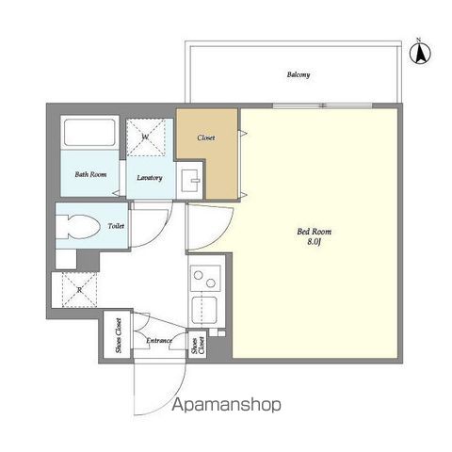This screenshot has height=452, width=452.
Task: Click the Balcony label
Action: coord(299,74)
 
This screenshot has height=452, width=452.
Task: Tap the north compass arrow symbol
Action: coord(420,53)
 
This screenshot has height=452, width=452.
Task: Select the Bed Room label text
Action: coord(314,232)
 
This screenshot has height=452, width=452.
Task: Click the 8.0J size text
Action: coord(314,242)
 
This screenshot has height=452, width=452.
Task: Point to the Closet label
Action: coord(206,137)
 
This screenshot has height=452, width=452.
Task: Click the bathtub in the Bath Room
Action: coord(89,133)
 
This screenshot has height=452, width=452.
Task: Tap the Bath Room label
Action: coord(90,174)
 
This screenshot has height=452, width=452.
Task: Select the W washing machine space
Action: coord(146,137)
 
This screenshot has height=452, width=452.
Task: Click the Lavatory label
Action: coord(150,178)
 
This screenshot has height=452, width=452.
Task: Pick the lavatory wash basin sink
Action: coord(190,181)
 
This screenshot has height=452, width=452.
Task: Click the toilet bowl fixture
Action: coord(78,226)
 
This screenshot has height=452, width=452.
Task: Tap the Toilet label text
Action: coord(116,226)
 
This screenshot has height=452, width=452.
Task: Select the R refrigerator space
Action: coord(79,290)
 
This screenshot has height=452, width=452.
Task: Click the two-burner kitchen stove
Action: coord(205,278)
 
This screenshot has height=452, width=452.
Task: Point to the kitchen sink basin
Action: coord(204,310)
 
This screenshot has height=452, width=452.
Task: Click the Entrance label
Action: coord(159,341)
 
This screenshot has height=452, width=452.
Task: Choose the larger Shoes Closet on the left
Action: coord(117,334)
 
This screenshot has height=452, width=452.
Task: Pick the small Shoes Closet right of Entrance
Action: coord(198,345)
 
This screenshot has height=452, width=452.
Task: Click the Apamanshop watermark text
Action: coord(226,405)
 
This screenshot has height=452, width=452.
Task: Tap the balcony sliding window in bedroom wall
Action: coord(322,105)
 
